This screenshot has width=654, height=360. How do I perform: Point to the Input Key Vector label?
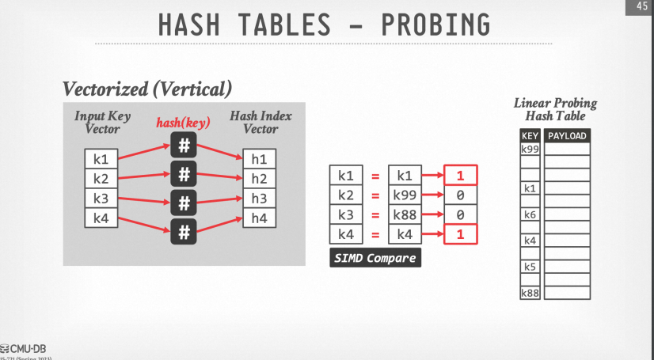coord(102,122)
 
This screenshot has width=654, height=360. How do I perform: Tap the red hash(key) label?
coord(184,123)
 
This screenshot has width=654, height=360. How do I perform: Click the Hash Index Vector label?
coord(260,122)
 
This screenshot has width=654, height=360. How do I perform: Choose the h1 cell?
coord(259,158)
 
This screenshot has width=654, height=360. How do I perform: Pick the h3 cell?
coord(259,199)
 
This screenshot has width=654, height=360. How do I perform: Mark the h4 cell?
coord(259,218)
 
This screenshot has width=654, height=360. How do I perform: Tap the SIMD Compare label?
coord(374,258)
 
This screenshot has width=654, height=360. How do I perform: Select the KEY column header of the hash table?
coord(530,136)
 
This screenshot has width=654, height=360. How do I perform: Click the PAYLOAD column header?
coord(567,136)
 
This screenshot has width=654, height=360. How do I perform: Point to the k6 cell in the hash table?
coord(530,214)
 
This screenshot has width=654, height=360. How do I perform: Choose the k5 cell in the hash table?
coord(530,267)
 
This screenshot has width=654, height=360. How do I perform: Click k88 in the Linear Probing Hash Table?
coord(530,294)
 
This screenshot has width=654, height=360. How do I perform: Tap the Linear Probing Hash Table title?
coord(555,110)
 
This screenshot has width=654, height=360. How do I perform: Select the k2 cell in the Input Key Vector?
coord(101,178)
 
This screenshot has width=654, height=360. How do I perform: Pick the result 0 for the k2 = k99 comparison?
coord(460,195)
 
